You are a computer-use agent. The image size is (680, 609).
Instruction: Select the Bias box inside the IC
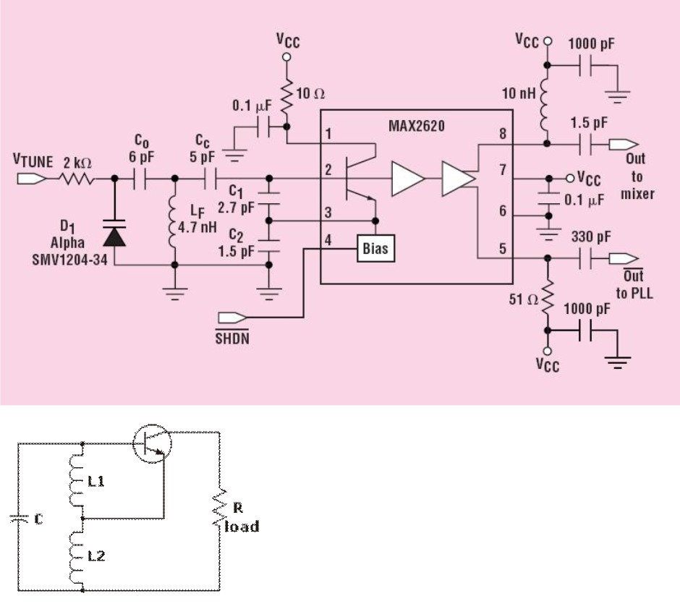coord(375,250)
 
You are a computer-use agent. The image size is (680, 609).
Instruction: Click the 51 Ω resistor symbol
coord(548,298)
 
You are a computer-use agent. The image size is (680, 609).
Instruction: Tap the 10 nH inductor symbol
coord(548,104)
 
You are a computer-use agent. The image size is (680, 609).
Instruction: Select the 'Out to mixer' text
coord(637,176)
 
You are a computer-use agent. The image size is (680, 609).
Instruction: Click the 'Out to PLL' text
coord(634,284)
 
